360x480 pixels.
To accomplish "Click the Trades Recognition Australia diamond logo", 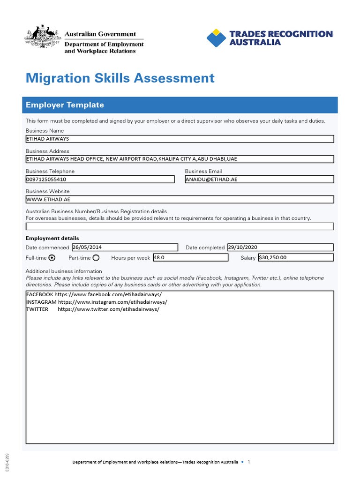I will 216,38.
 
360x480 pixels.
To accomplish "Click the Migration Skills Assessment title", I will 120,78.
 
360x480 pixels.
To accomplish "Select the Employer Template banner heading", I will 65,105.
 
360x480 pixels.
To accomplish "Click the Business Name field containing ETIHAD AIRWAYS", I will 180,139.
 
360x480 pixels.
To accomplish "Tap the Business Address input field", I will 180,159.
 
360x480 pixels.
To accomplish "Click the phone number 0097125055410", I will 46,179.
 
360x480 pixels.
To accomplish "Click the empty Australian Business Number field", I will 180,226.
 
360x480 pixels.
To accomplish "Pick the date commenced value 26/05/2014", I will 87,247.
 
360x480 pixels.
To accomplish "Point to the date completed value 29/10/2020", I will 242,247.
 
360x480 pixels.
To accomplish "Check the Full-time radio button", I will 52,257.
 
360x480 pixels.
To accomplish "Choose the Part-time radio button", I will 96,257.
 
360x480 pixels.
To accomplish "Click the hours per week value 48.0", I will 159,257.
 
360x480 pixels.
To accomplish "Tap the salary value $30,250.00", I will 272,257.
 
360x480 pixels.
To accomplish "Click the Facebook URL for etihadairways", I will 108,294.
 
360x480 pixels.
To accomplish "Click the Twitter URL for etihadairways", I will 108,309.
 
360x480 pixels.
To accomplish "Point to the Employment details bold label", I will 52,238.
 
